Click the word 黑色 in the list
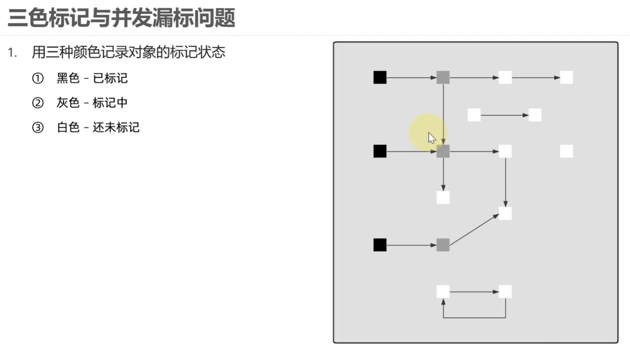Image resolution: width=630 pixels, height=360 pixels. coord(68,78)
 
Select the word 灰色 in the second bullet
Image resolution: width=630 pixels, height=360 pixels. coord(68,103)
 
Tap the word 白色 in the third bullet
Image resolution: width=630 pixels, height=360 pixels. coord(68,128)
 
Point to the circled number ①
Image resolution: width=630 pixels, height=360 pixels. coord(38,78)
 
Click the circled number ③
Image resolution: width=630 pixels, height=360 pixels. coord(38,128)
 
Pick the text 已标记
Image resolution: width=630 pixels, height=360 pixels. coord(110,78)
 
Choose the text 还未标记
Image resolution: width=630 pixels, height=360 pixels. coord(116,128)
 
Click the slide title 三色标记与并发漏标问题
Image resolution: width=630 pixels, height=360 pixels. coord(122,18)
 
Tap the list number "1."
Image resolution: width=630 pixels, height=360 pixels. coord(13,52)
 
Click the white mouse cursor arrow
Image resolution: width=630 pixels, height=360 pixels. coord(432,138)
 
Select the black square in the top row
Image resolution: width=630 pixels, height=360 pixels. coord(380,77)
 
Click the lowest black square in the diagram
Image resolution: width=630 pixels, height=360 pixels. coord(380,245)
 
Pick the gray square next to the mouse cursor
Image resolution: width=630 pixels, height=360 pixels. coord(443,152)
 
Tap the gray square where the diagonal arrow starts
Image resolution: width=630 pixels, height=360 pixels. coord(443,245)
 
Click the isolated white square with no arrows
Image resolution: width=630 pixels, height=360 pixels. coord(566,152)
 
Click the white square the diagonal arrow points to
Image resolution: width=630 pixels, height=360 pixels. coord(505,213)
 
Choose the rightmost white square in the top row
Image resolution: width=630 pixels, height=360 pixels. coord(566,77)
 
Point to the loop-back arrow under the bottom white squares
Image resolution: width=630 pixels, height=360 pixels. coord(474,318)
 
